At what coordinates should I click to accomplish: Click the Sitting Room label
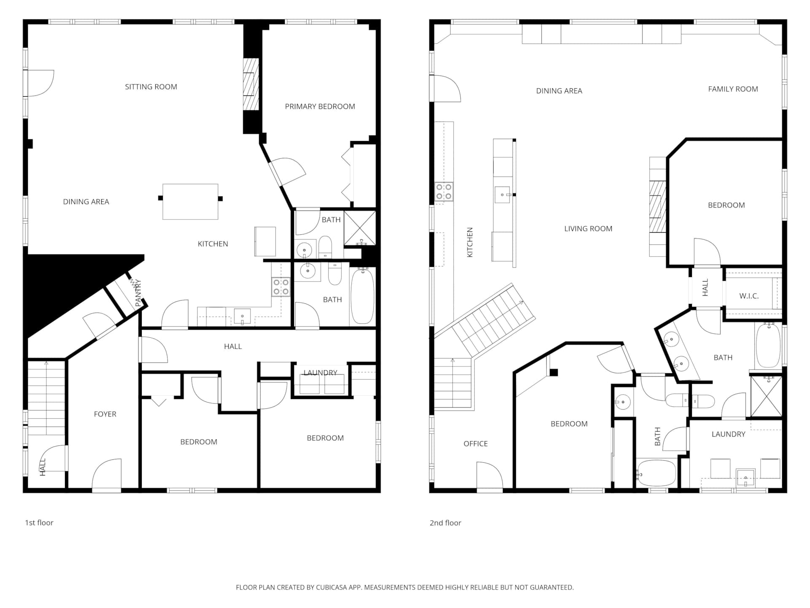pyautogui.click(x=151, y=87)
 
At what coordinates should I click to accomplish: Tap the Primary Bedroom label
pyautogui.click(x=320, y=106)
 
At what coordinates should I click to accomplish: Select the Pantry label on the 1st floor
pyautogui.click(x=138, y=293)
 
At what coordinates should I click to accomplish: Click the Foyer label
pyautogui.click(x=105, y=414)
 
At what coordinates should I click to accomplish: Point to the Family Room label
pyautogui.click(x=733, y=89)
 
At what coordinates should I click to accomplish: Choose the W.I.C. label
pyautogui.click(x=749, y=296)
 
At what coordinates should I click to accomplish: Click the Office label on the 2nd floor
pyautogui.click(x=475, y=444)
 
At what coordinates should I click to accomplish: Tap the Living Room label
pyautogui.click(x=588, y=229)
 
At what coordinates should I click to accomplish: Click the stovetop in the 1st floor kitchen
pyautogui.click(x=281, y=287)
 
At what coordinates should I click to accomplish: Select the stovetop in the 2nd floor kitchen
pyautogui.click(x=444, y=191)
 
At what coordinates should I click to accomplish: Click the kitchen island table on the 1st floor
pyautogui.click(x=190, y=201)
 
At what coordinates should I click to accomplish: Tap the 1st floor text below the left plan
pyautogui.click(x=39, y=523)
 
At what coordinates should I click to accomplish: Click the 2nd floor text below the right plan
pyautogui.click(x=445, y=523)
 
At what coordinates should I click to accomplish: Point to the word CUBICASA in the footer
pyautogui.click(x=333, y=587)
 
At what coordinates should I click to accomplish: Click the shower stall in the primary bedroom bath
pyautogui.click(x=359, y=228)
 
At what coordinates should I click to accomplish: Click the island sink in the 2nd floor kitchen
pyautogui.click(x=502, y=195)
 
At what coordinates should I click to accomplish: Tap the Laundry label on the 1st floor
pyautogui.click(x=321, y=372)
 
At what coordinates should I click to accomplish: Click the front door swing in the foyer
pyautogui.click(x=106, y=475)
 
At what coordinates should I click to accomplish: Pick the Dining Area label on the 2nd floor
pyautogui.click(x=559, y=91)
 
